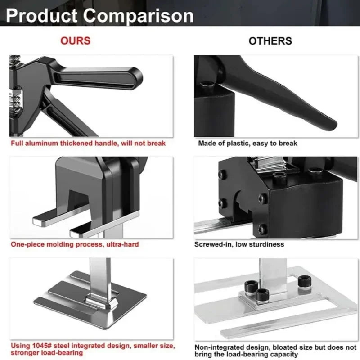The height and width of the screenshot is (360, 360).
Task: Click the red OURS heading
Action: coord(75,40)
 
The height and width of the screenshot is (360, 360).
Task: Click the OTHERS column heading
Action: coord(270,41)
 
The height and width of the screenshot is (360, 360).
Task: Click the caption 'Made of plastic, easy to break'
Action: coord(247,143)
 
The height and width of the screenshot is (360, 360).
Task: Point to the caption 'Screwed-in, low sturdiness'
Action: coord(239,244)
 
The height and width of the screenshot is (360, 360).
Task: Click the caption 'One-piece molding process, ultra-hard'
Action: coord(75,244)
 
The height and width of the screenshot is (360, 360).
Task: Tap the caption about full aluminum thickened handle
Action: coord(89,143)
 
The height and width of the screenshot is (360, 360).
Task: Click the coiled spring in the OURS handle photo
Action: coord(15,99)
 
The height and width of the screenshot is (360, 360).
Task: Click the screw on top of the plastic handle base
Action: coord(207,84)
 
